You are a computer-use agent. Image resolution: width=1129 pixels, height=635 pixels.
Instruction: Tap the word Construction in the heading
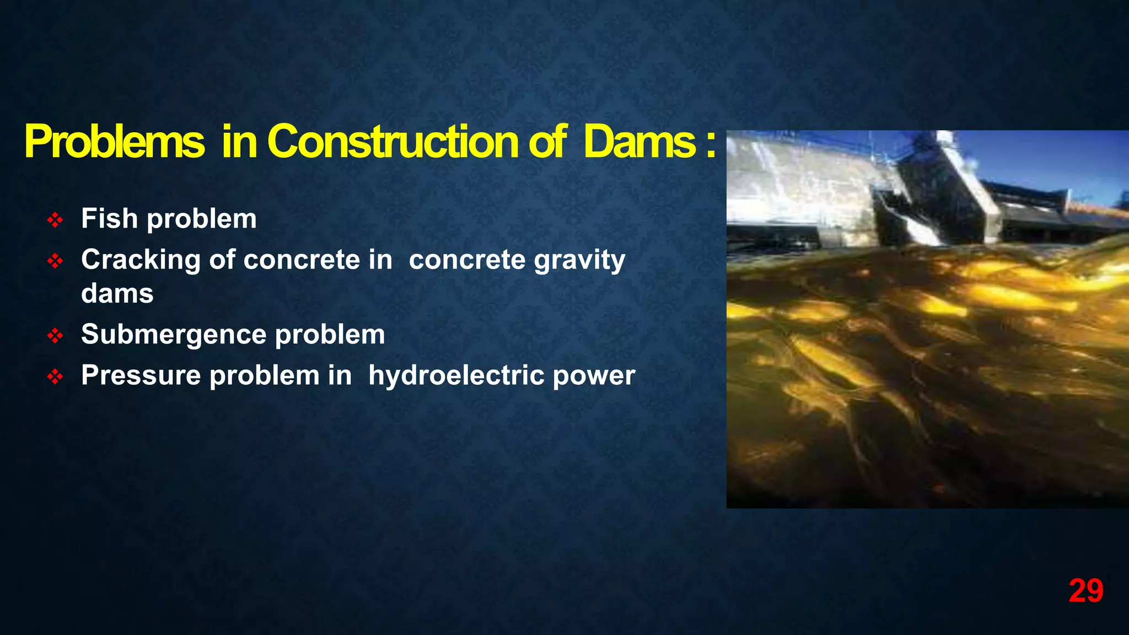point(393,142)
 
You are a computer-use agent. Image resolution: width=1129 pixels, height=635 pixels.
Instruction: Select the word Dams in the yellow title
point(639,142)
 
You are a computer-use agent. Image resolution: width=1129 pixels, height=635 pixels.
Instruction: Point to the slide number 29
point(1085,591)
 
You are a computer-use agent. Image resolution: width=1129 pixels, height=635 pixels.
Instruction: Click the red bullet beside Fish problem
point(55,220)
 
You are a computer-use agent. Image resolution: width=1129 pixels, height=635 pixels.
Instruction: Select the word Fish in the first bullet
point(109,218)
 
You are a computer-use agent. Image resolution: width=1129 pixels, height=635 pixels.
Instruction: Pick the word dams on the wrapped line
point(117,293)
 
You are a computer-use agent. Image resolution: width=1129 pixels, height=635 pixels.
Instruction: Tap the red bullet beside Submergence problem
point(55,336)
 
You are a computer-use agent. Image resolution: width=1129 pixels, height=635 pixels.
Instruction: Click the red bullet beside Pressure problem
point(55,377)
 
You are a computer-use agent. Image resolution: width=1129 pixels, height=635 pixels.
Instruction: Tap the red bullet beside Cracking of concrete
point(55,261)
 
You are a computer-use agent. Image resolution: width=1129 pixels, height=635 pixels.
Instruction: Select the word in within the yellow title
point(239,142)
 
